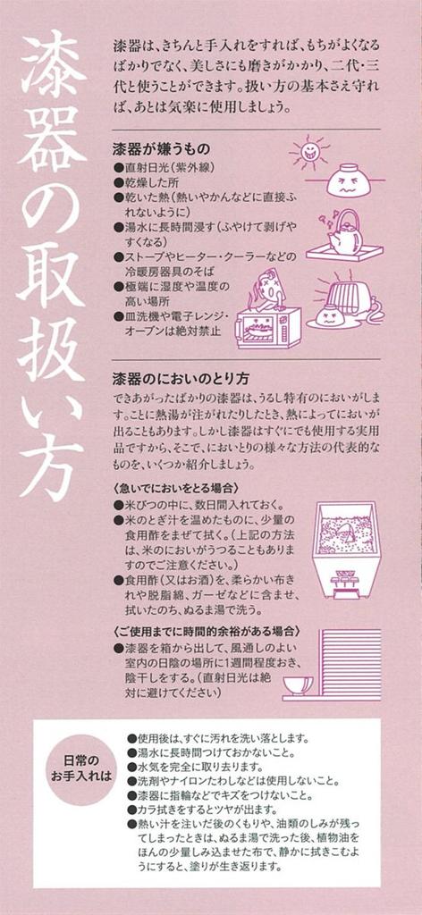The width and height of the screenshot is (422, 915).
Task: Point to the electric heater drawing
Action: (x=354, y=294)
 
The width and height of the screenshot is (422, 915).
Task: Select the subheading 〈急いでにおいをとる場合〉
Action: (x=175, y=489)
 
